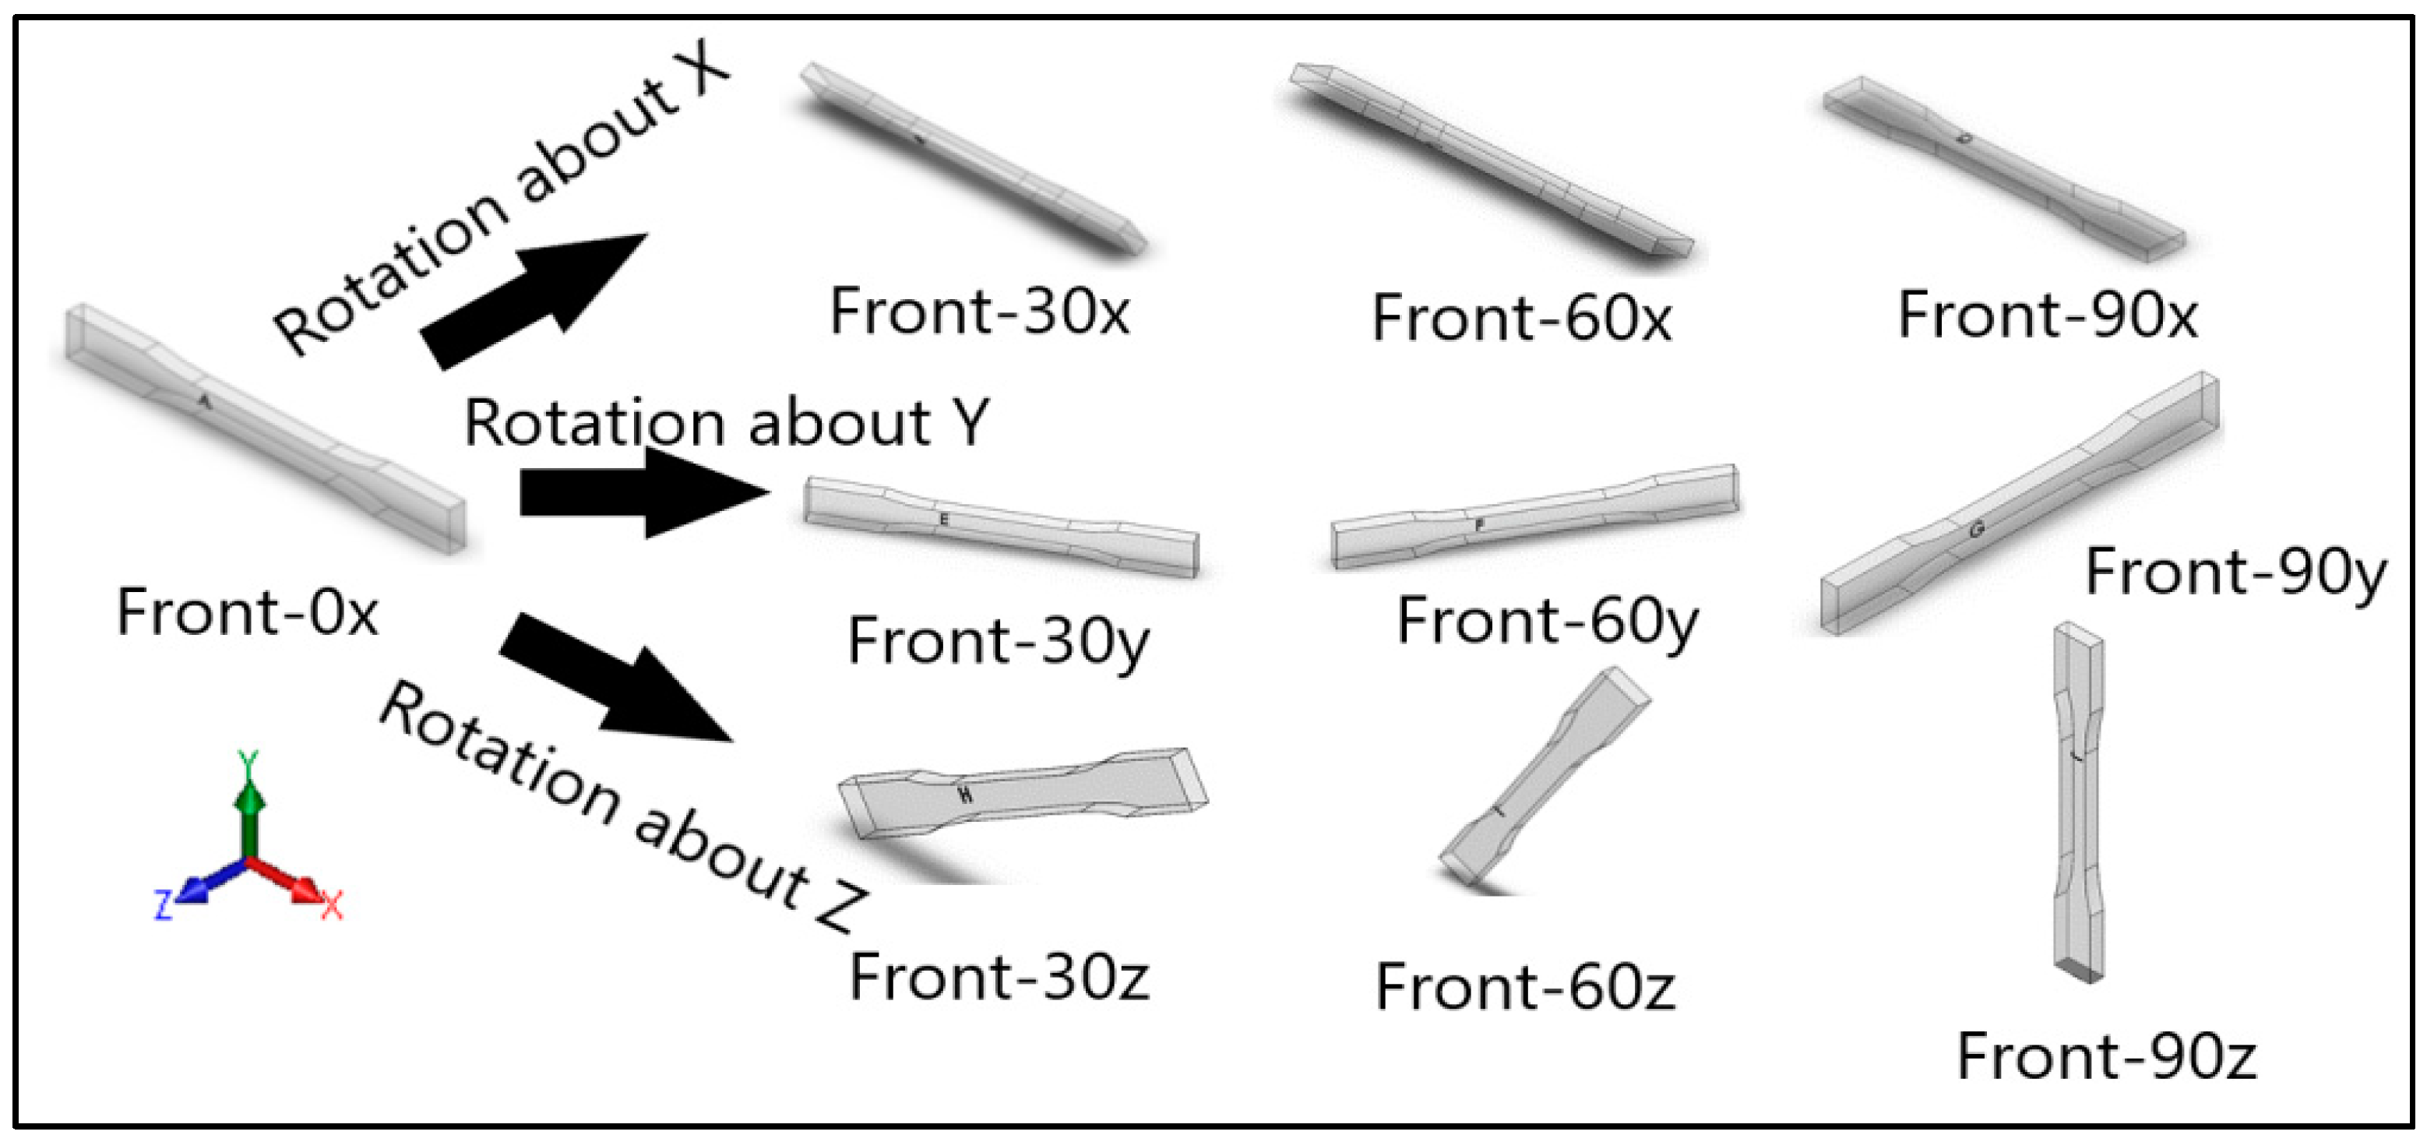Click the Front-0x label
point(247,612)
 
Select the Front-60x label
point(1522,318)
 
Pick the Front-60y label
point(1547,622)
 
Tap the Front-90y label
point(2235,573)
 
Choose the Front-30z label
point(999,977)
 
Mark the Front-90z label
point(2107,1056)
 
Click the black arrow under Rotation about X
point(532,300)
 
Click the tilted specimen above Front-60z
point(1545,778)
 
